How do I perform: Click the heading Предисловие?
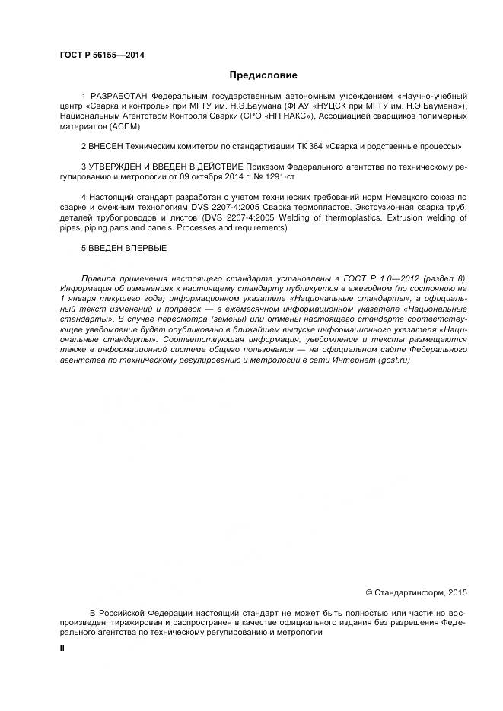pyautogui.click(x=263, y=75)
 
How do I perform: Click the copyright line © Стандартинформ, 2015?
pyautogui.click(x=416, y=592)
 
